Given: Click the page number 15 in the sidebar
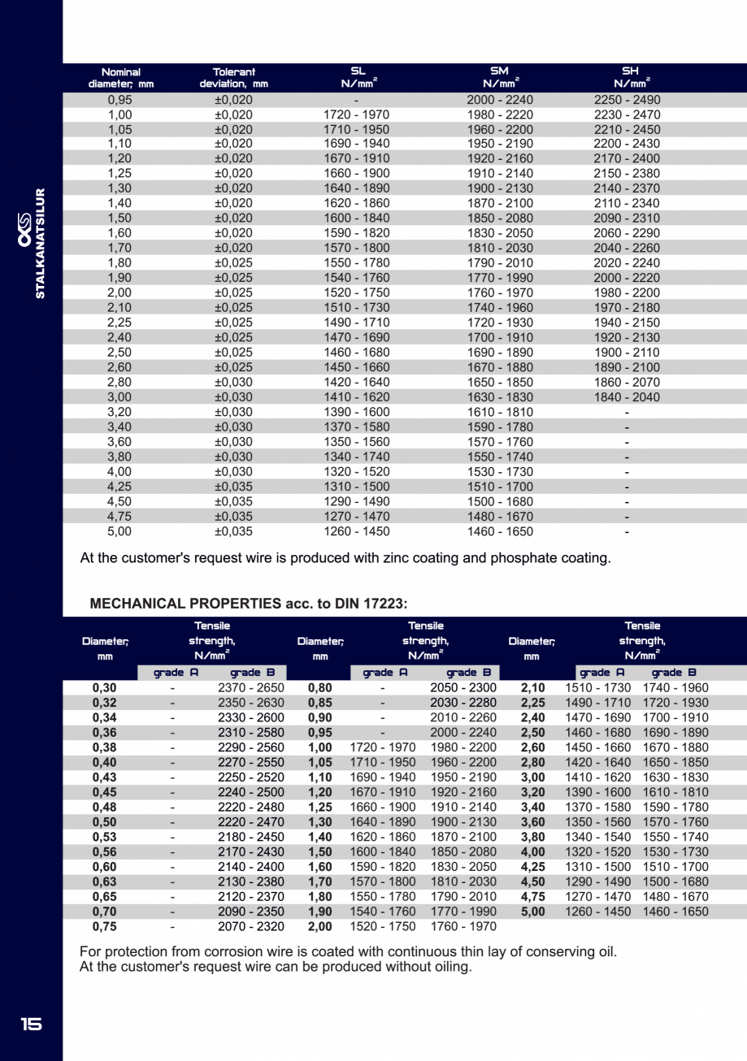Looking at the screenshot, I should pyautogui.click(x=31, y=1024).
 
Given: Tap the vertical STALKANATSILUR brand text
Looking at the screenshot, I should pyautogui.click(x=40, y=244).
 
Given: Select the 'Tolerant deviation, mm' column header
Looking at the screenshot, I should pyautogui.click(x=233, y=78).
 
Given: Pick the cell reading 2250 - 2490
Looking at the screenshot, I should pyautogui.click(x=627, y=100).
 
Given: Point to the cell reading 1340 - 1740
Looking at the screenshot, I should pyautogui.click(x=357, y=457).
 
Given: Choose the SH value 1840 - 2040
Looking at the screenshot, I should pyautogui.click(x=627, y=397).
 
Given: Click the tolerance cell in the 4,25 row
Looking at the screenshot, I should pyautogui.click(x=233, y=487).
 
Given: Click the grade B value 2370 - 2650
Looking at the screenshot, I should pyautogui.click(x=251, y=688).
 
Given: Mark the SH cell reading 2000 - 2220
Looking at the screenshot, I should pyautogui.click(x=627, y=279).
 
